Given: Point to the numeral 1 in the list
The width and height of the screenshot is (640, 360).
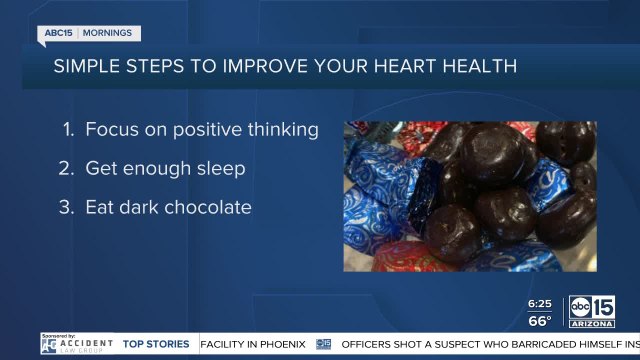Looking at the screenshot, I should tap(68, 129).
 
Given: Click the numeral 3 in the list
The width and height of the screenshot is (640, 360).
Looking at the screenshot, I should tap(68, 207).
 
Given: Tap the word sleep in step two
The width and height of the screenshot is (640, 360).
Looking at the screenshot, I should tap(220, 168).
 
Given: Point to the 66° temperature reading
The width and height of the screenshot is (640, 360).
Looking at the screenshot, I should tap(541, 320).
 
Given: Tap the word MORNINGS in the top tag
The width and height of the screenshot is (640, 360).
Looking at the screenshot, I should tap(106, 33).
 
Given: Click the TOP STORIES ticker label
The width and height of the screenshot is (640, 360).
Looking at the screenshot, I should tap(156, 344).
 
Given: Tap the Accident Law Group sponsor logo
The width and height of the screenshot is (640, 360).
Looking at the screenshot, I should tap(77, 344).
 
